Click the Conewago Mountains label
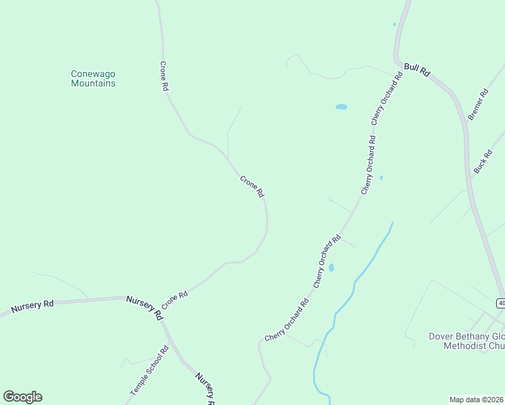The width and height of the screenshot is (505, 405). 93,78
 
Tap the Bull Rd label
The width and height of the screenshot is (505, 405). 417,69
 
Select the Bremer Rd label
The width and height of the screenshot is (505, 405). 477,105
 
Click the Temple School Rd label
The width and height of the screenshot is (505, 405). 149,372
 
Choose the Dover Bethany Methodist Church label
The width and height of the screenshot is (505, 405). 467,341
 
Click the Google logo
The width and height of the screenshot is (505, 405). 22,397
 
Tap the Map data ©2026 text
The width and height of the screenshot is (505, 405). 477,400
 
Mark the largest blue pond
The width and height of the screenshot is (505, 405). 341,107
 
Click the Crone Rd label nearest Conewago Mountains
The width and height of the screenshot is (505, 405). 163,76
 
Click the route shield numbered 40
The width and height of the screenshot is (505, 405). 500,302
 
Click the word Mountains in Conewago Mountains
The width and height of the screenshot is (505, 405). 93,84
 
